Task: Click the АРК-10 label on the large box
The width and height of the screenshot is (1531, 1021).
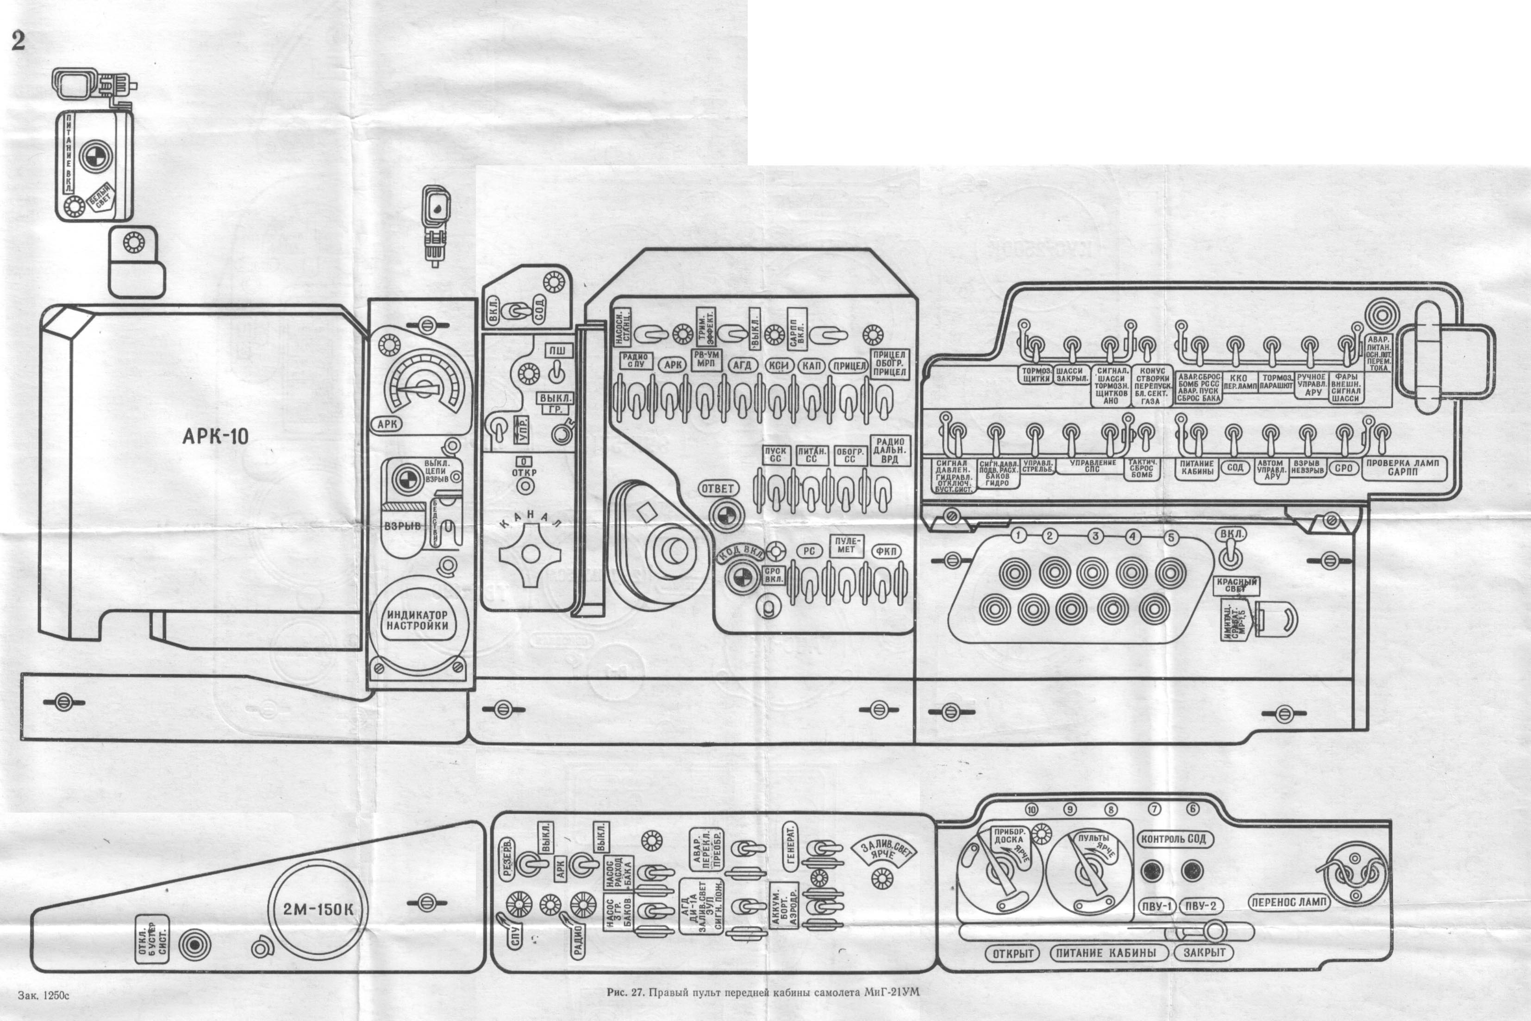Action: pos(215,436)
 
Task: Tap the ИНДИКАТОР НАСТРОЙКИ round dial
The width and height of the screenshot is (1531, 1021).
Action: pos(417,620)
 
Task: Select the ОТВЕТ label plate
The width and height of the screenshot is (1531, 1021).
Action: pos(717,489)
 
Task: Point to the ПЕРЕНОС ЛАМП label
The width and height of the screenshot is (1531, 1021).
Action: pos(1288,902)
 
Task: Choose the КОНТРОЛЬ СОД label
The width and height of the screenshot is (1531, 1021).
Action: pos(1174,839)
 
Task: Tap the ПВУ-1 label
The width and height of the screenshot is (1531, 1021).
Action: pos(1156,906)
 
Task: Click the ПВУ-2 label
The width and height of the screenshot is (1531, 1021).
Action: pos(1200,906)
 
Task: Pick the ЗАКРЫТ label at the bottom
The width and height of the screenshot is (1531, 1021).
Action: pos(1204,952)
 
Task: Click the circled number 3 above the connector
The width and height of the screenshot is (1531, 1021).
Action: pos(1095,536)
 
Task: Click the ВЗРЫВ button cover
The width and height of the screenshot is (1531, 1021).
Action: pos(402,526)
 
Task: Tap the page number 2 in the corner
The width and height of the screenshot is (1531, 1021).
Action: pos(18,40)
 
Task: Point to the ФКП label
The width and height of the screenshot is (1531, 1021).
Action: pos(885,551)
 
